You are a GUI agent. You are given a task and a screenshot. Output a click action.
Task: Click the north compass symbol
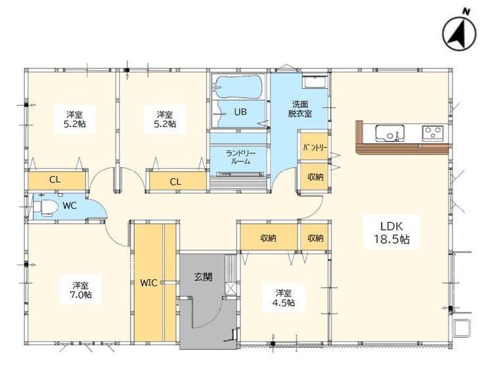(x=459, y=33)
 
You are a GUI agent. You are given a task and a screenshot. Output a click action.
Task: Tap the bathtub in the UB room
(x=238, y=87)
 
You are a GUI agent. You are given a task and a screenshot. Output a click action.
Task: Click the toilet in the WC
(x=45, y=206)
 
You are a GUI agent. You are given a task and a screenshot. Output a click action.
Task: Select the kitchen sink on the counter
(x=390, y=133)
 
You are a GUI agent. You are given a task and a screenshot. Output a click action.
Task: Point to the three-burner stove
(x=433, y=133)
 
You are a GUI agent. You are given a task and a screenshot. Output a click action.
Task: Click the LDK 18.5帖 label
(x=392, y=233)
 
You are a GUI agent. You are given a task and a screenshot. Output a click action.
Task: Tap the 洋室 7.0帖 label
(x=81, y=290)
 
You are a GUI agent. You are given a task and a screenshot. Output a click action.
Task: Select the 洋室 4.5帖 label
(x=284, y=298)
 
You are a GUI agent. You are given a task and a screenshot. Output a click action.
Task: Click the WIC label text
(x=149, y=283)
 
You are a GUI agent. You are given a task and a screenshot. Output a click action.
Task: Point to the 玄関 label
(x=204, y=277)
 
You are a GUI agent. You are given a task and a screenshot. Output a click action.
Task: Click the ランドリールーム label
(x=240, y=157)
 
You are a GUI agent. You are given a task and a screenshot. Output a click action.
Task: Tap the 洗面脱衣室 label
(x=300, y=109)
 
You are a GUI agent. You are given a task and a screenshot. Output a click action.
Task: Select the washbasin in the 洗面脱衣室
(x=314, y=82)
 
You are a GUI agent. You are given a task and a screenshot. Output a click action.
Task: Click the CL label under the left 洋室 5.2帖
(x=55, y=179)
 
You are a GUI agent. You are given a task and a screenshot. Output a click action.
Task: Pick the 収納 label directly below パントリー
(x=315, y=177)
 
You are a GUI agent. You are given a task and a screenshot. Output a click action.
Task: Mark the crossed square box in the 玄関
(x=232, y=288)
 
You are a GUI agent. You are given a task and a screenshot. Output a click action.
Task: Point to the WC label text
(x=70, y=206)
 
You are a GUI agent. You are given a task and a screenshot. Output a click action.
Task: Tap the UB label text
(x=240, y=112)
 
